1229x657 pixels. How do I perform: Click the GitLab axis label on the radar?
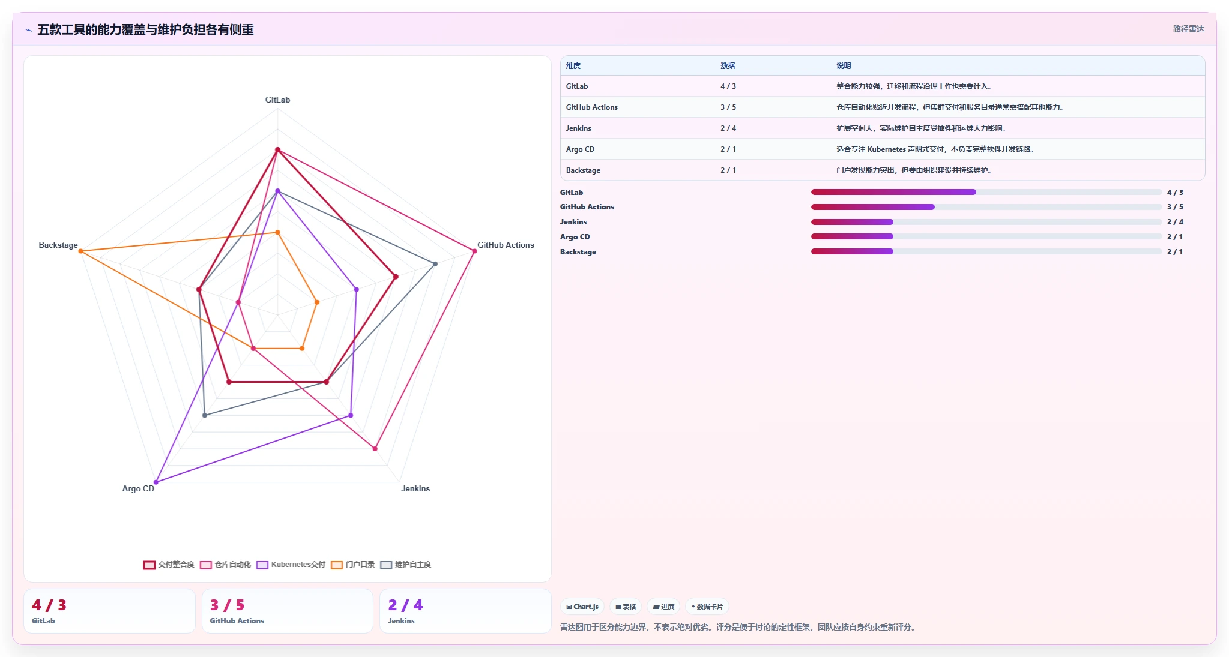coord(277,100)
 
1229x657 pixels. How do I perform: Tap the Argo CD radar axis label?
coord(138,488)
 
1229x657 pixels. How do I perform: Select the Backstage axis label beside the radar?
coord(58,245)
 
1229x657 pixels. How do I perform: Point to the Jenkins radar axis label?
coord(415,488)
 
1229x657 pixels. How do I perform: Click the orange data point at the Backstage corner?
coord(81,251)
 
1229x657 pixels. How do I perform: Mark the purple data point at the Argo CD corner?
coord(156,482)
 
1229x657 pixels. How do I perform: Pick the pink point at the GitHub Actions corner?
coord(474,251)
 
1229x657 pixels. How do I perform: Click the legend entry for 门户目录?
coord(352,565)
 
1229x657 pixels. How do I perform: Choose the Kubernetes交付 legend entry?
coord(291,565)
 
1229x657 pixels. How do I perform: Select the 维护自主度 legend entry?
coord(406,565)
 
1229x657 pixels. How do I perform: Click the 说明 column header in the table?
coord(844,66)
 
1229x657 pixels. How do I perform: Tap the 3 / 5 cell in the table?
coord(728,107)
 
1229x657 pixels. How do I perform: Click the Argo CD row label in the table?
coord(580,149)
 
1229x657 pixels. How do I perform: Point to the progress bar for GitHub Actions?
coord(986,207)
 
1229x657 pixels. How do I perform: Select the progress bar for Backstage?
coord(986,252)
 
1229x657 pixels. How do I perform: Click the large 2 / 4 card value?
coord(405,605)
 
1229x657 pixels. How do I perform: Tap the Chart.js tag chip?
coord(582,607)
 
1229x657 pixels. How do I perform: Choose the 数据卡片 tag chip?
coord(707,607)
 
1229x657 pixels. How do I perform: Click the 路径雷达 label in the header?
coord(1188,29)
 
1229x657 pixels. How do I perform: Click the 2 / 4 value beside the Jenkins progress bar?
coord(1175,222)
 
